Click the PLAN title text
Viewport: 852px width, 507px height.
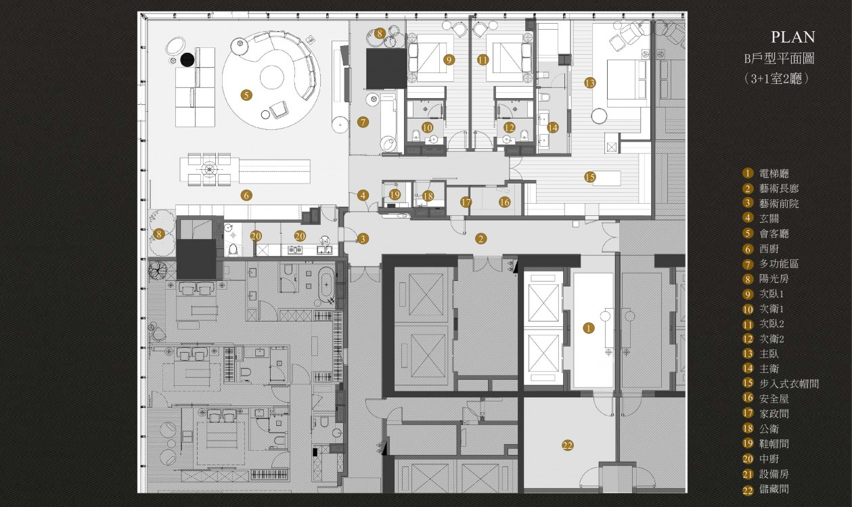(x=792, y=37)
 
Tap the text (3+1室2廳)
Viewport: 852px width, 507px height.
(x=776, y=79)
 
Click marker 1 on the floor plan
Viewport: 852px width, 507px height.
(x=588, y=328)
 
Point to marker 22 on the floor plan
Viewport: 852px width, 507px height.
(x=568, y=445)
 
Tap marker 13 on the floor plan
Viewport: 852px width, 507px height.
(x=590, y=83)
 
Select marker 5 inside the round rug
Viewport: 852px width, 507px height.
(x=246, y=95)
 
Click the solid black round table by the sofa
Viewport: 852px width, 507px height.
(x=187, y=60)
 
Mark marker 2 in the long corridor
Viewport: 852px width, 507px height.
(x=480, y=238)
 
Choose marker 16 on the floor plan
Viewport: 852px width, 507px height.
(x=504, y=202)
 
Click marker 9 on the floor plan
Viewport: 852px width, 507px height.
(x=449, y=60)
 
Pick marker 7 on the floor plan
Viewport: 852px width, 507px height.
(x=363, y=122)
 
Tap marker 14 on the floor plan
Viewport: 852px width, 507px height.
(x=552, y=127)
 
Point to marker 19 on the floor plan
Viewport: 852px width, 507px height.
(x=395, y=195)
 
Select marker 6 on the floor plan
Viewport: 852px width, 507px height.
(x=246, y=196)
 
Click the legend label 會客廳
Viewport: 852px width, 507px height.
(x=774, y=234)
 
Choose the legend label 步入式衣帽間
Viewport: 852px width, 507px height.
(x=789, y=384)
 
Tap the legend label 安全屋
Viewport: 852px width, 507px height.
(x=774, y=399)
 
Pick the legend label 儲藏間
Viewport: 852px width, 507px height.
(x=774, y=489)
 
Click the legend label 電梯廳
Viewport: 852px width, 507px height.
(x=774, y=173)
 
